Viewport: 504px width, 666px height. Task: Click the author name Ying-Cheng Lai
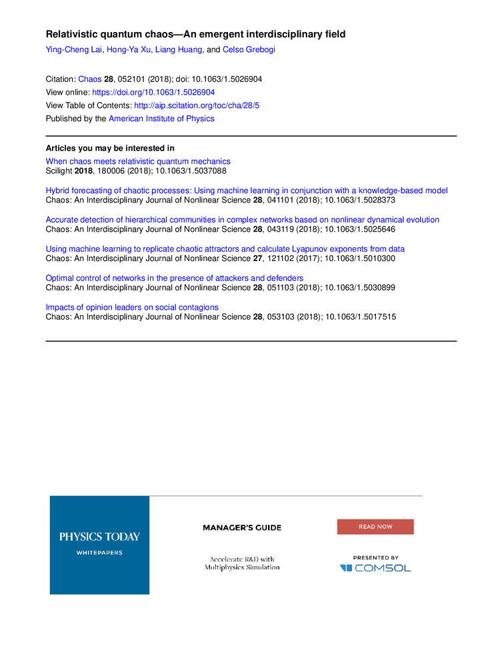[73, 48]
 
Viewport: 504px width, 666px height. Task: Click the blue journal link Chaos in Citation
[89, 79]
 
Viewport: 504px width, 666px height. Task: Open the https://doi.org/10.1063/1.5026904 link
[153, 92]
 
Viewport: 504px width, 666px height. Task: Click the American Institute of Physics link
[161, 119]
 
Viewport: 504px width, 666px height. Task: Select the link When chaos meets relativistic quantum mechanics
[138, 161]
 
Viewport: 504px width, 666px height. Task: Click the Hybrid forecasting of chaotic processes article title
[247, 190]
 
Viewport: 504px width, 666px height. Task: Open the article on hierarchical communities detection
[242, 220]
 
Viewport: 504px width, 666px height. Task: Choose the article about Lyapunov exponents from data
[225, 249]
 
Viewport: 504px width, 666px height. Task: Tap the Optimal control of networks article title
[174, 278]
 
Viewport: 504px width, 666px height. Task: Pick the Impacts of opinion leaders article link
[132, 307]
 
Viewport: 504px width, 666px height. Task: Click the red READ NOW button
[375, 527]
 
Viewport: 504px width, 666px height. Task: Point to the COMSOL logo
[375, 568]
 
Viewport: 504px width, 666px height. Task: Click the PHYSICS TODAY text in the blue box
[99, 536]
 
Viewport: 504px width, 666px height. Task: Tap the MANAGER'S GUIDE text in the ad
[242, 527]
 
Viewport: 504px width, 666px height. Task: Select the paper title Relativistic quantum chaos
[195, 33]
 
